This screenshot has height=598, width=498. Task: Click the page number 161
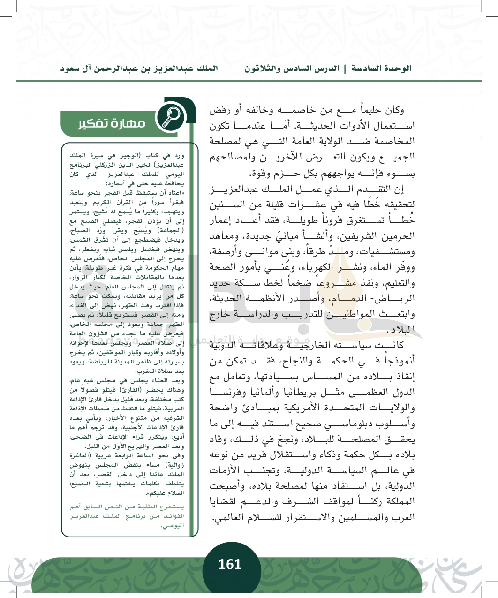(x=230, y=564)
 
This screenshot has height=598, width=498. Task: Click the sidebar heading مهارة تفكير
(x=112, y=124)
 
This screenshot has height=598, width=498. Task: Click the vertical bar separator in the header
(x=345, y=68)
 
